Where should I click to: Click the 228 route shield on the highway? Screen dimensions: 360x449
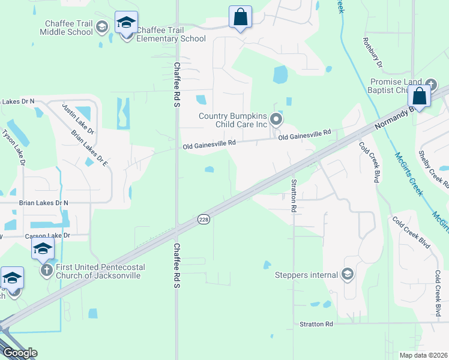(204, 220)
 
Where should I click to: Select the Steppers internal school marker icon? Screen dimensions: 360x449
(347, 275)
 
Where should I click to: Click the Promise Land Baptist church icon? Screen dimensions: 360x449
(431, 85)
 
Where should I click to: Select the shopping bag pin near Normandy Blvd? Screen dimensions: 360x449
(419, 96)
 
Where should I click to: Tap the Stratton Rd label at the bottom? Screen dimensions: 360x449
(316, 324)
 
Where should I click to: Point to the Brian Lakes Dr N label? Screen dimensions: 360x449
(43, 203)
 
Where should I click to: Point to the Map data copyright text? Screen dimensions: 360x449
(423, 355)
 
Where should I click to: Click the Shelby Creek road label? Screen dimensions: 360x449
(433, 169)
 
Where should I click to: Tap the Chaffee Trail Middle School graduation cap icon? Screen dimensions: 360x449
(101, 26)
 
